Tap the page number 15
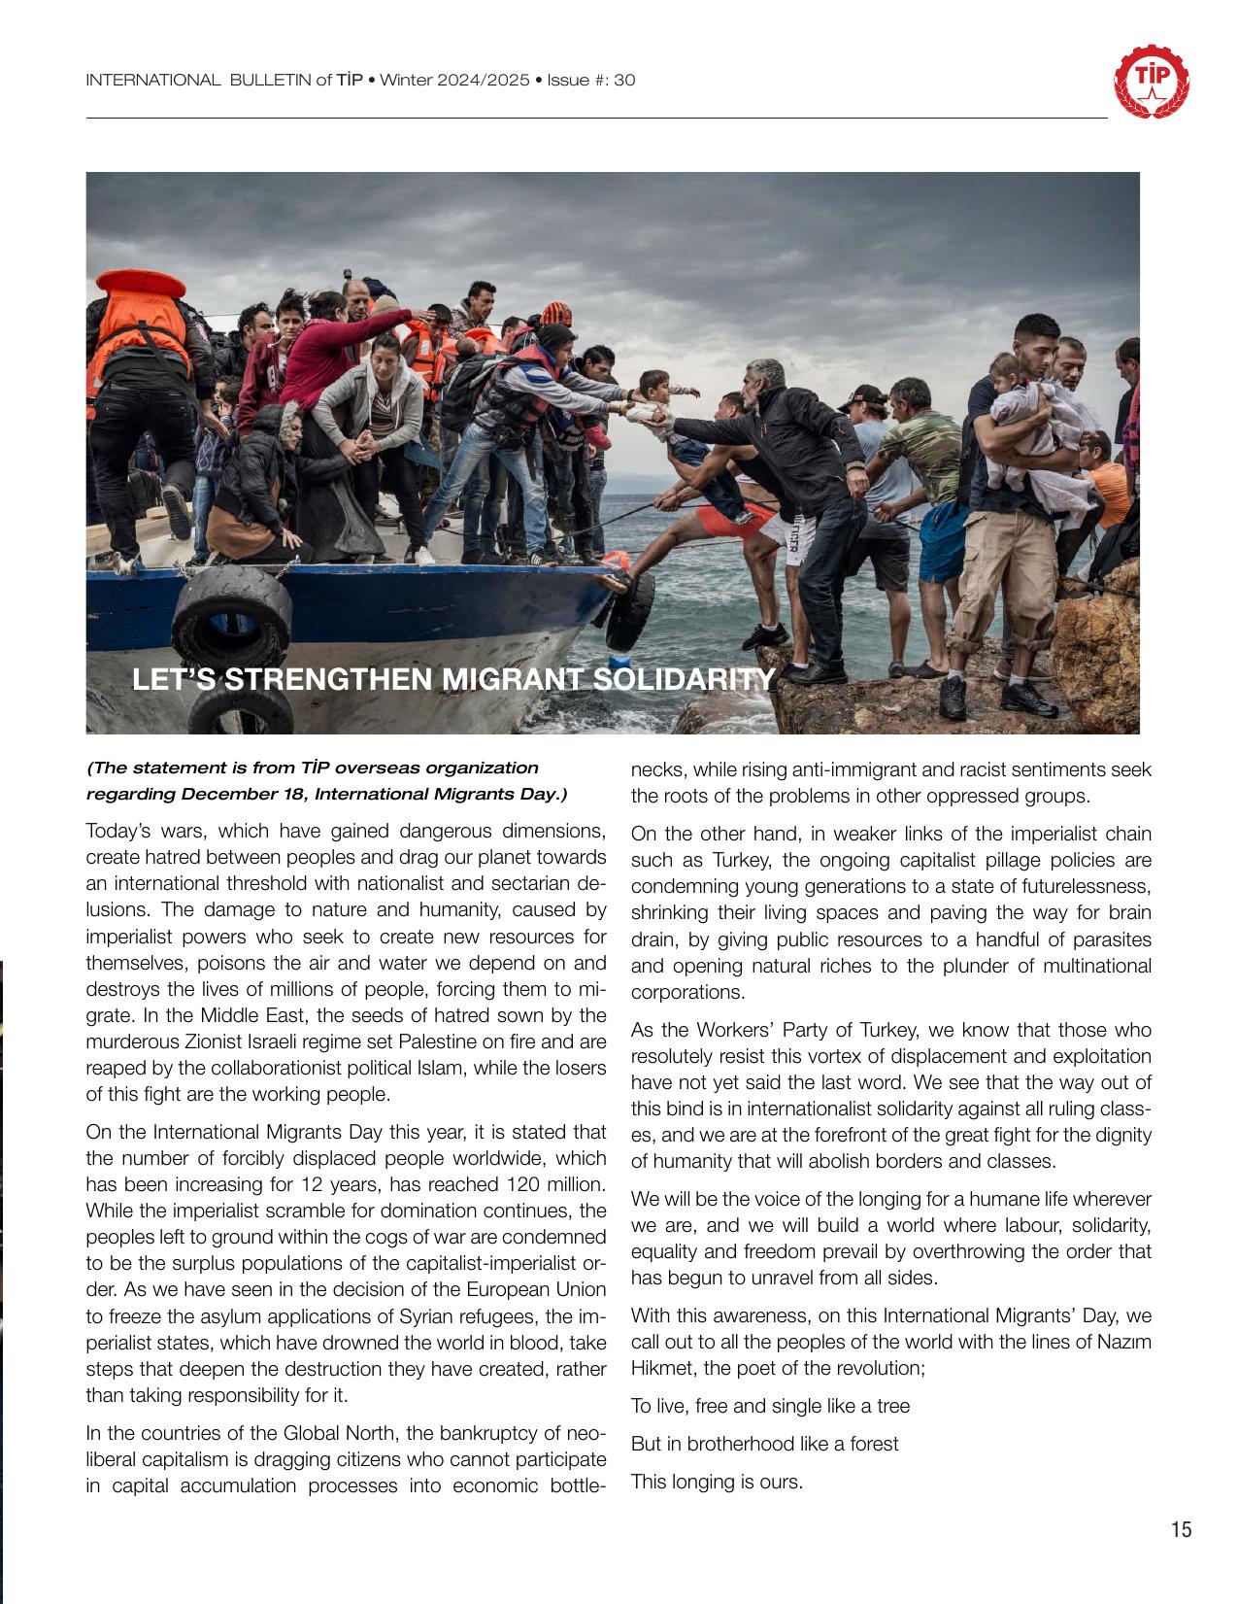tap(1181, 1530)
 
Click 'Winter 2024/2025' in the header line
tap(453, 81)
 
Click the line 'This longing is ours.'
tap(717, 1482)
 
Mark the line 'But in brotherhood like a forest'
tap(764, 1444)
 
